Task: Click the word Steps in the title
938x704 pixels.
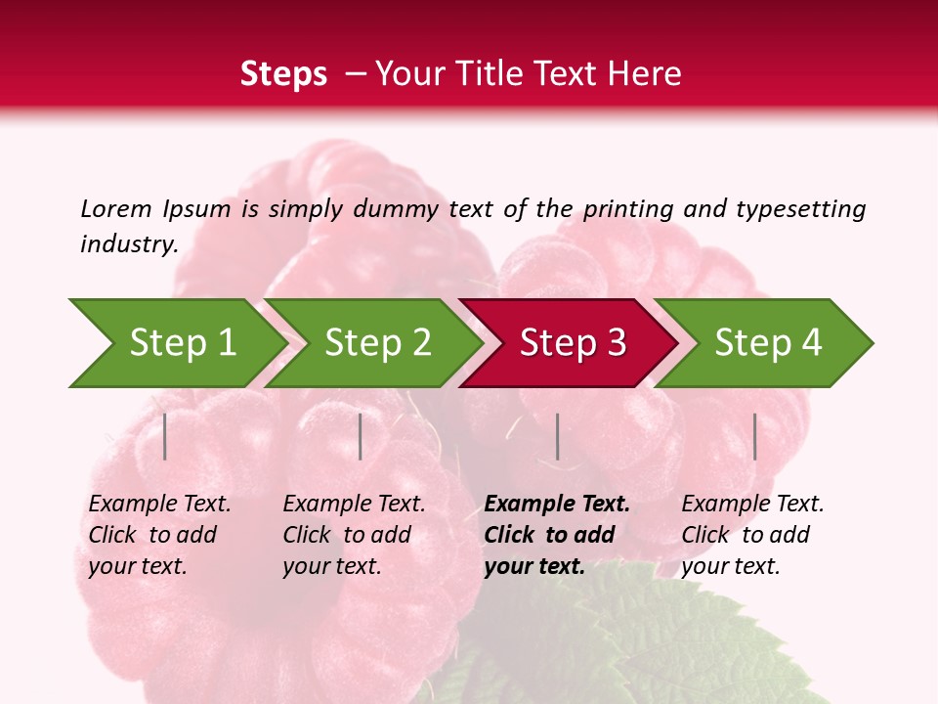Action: pyautogui.click(x=283, y=74)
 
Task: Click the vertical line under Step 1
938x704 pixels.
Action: pyautogui.click(x=165, y=436)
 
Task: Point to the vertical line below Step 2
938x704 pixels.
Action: pyautogui.click(x=361, y=436)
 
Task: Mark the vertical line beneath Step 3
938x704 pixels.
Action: pyautogui.click(x=557, y=436)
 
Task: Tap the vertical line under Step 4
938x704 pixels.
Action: pyautogui.click(x=755, y=436)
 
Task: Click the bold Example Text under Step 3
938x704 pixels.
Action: pyautogui.click(x=557, y=505)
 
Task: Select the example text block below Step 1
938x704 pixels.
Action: pyautogui.click(x=159, y=535)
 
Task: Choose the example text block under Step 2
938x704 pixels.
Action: pyautogui.click(x=354, y=535)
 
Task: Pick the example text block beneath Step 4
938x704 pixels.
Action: pyautogui.click(x=752, y=535)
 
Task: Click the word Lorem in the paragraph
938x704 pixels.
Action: pyautogui.click(x=116, y=208)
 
